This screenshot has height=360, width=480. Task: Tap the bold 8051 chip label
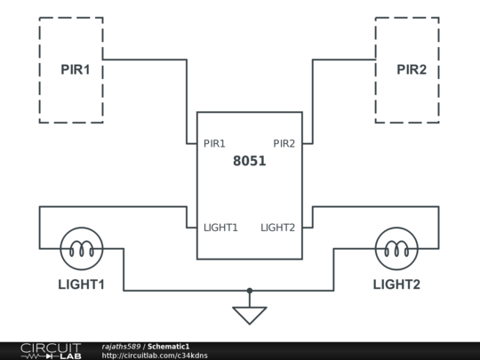(x=249, y=162)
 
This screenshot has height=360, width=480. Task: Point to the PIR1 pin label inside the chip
(x=214, y=143)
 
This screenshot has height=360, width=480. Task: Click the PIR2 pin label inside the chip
(x=284, y=143)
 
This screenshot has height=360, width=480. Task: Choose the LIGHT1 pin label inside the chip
(x=220, y=228)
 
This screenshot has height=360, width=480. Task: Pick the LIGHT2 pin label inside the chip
(x=277, y=228)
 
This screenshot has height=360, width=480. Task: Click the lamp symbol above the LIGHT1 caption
(x=82, y=248)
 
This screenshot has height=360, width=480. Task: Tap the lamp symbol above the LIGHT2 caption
(x=396, y=248)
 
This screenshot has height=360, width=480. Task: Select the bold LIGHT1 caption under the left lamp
(x=82, y=284)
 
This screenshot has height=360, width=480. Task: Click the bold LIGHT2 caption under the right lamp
(x=396, y=284)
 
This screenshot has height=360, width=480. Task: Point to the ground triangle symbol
(x=250, y=315)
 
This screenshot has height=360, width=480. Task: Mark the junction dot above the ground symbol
(x=250, y=290)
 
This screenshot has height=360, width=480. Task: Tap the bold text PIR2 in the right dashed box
(x=412, y=69)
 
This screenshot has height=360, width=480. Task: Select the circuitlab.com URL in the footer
(x=155, y=356)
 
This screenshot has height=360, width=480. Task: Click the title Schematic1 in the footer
(x=169, y=346)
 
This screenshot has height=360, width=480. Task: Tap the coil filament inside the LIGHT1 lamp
(x=82, y=251)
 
